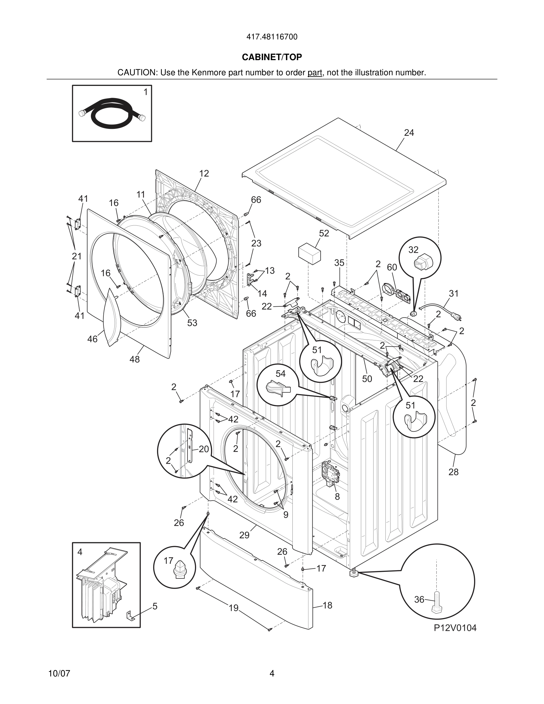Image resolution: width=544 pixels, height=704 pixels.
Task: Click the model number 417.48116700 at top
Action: pyautogui.click(x=272, y=37)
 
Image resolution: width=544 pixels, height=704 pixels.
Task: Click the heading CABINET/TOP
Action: pyautogui.click(x=272, y=57)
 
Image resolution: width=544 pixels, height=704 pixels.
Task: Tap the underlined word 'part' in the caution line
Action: pyautogui.click(x=315, y=73)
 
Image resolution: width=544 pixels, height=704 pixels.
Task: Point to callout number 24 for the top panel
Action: pyautogui.click(x=409, y=133)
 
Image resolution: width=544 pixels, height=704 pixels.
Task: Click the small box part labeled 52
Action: pyautogui.click(x=309, y=254)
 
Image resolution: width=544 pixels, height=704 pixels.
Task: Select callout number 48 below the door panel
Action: pyautogui.click(x=135, y=359)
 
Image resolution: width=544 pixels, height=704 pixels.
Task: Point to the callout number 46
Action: pyautogui.click(x=92, y=339)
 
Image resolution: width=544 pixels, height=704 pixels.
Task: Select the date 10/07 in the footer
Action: pyautogui.click(x=59, y=674)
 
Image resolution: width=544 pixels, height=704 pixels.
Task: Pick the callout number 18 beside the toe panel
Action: pyautogui.click(x=327, y=605)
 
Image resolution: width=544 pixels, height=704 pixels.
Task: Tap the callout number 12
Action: pyautogui.click(x=204, y=174)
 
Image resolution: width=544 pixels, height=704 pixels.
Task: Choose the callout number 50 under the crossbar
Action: pyautogui.click(x=367, y=379)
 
